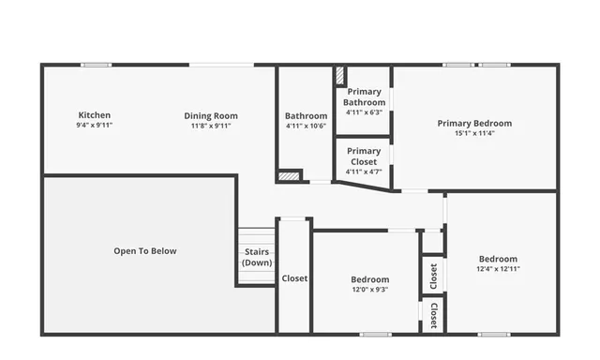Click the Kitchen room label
(x=94, y=115)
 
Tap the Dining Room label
(x=210, y=115)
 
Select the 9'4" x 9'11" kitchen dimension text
(x=94, y=125)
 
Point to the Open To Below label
(x=144, y=250)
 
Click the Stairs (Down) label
(x=257, y=257)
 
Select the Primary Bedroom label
(x=474, y=123)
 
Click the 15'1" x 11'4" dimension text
(x=474, y=133)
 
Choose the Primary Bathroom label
(x=364, y=97)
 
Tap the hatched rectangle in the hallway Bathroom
(x=289, y=174)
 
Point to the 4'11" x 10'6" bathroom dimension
(x=306, y=126)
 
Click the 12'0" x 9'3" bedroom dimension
(x=369, y=290)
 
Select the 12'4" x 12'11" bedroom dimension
(x=498, y=269)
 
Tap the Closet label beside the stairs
(x=294, y=278)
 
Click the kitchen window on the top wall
(x=96, y=65)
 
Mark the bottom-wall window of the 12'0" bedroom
(x=375, y=333)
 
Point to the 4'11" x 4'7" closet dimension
(x=364, y=172)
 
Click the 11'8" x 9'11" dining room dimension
(x=210, y=125)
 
